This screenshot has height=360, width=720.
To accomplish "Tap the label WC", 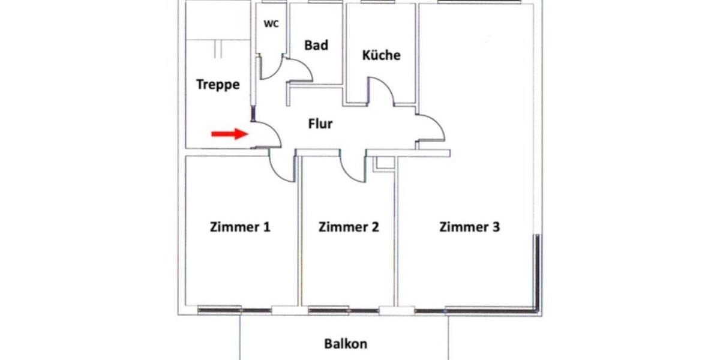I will pos(271,25).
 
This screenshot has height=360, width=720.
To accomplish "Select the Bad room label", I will pos(316,45).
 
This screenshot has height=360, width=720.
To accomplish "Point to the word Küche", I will pos(381,55).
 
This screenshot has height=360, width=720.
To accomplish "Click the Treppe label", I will pos(218,85).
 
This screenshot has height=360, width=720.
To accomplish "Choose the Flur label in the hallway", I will pos(320,124).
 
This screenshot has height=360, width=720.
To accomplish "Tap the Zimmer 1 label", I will pos(240,227).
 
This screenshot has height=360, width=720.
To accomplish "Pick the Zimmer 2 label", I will pos(349,227).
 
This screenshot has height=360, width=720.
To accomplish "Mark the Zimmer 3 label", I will pos(470,227).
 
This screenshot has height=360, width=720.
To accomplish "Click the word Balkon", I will pos(346,344).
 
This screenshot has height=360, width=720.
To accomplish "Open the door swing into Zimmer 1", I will pos(281,166).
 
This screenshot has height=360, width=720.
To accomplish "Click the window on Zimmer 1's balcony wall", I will pos(220,310).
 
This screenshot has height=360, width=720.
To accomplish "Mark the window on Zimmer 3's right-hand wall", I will pos(538,270).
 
